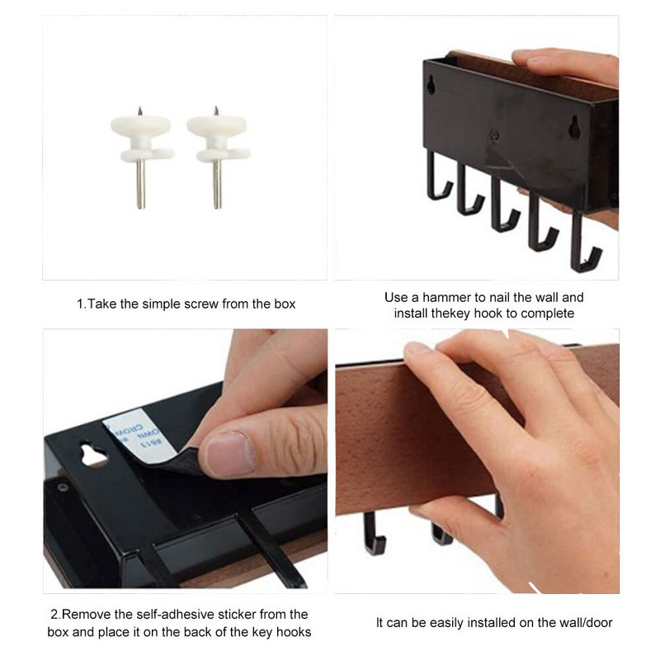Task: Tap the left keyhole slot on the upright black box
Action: (431, 85)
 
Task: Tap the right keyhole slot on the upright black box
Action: (574, 127)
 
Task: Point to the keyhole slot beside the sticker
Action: (92, 454)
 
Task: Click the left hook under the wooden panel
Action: (374, 534)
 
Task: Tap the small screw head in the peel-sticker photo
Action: (64, 488)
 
